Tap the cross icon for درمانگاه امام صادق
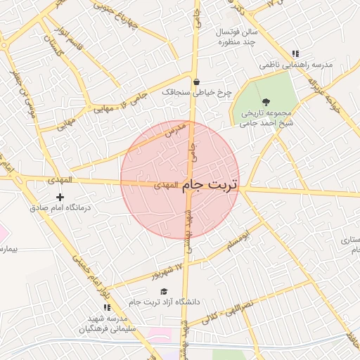[x=60, y=198]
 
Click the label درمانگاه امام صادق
[x=60, y=209]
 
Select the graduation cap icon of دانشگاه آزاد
[x=164, y=291]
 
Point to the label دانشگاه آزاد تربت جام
[x=164, y=302]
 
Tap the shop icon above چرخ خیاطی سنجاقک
[x=196, y=81]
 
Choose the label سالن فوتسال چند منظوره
[x=224, y=37]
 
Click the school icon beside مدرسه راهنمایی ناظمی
[x=296, y=53]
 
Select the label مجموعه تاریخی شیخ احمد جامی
[x=266, y=117]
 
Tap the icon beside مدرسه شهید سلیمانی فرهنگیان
[x=106, y=308]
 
